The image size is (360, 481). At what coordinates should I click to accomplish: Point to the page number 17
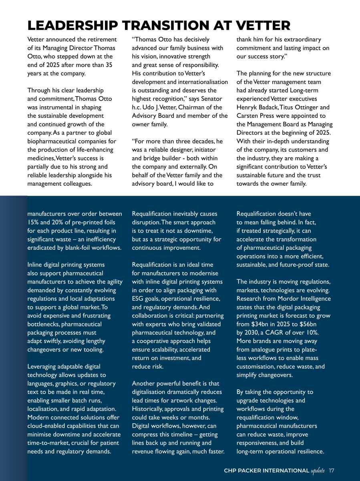tap(331, 470)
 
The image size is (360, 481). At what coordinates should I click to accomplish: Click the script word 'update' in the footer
tap(318, 470)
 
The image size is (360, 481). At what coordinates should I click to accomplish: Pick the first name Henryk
tap(247, 107)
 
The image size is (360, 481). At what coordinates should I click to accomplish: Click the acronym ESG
tap(139, 299)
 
